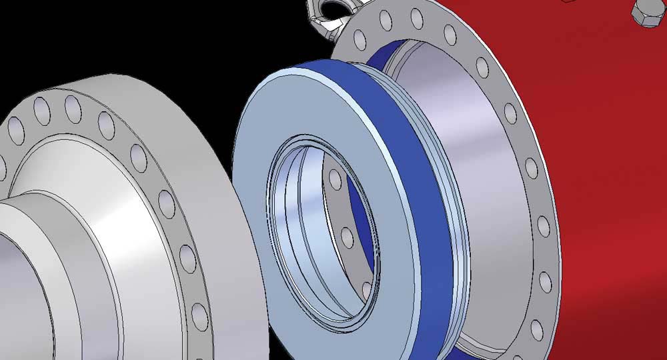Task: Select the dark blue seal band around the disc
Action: (427, 200)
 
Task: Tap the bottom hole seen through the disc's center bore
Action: (366, 289)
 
